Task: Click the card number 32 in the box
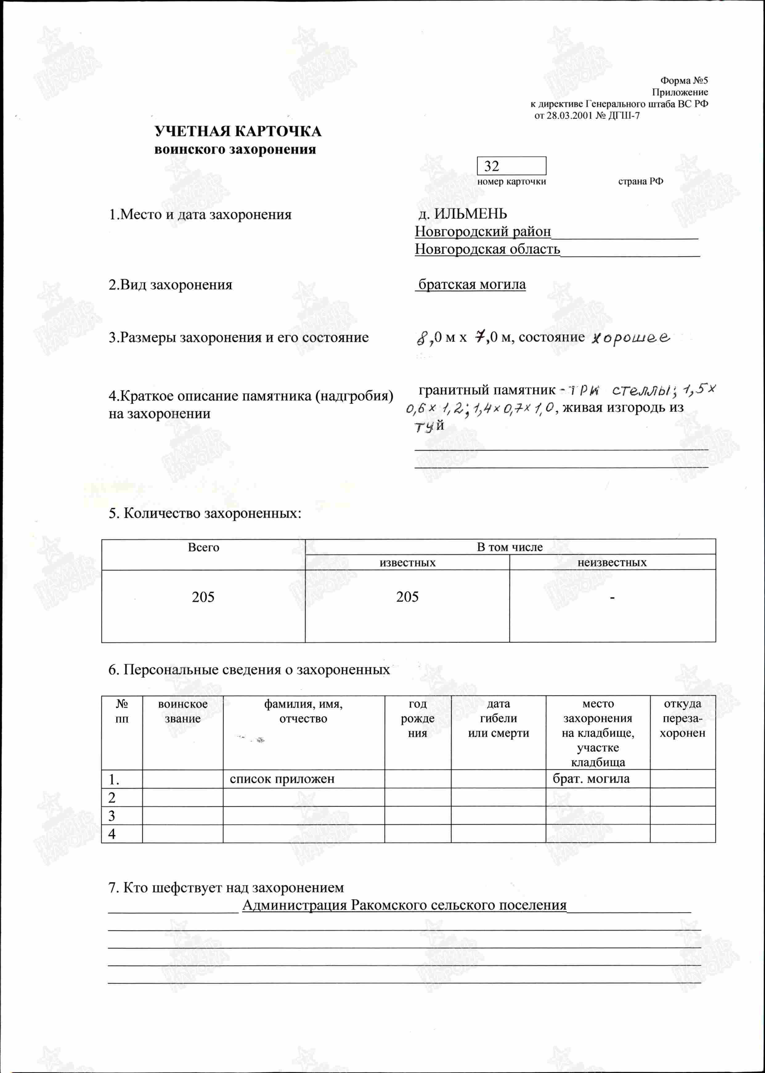(491, 166)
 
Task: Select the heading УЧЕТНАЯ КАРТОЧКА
(238, 132)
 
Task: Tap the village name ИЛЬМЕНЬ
(470, 214)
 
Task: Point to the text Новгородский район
(482, 232)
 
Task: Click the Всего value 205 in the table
(203, 597)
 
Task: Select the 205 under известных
(407, 597)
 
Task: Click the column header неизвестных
(612, 563)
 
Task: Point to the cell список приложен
(282, 779)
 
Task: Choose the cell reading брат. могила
(591, 779)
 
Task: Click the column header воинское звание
(183, 711)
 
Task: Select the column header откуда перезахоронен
(682, 719)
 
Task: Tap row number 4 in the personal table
(112, 834)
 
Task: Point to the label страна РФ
(640, 182)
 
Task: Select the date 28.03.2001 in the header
(569, 116)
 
